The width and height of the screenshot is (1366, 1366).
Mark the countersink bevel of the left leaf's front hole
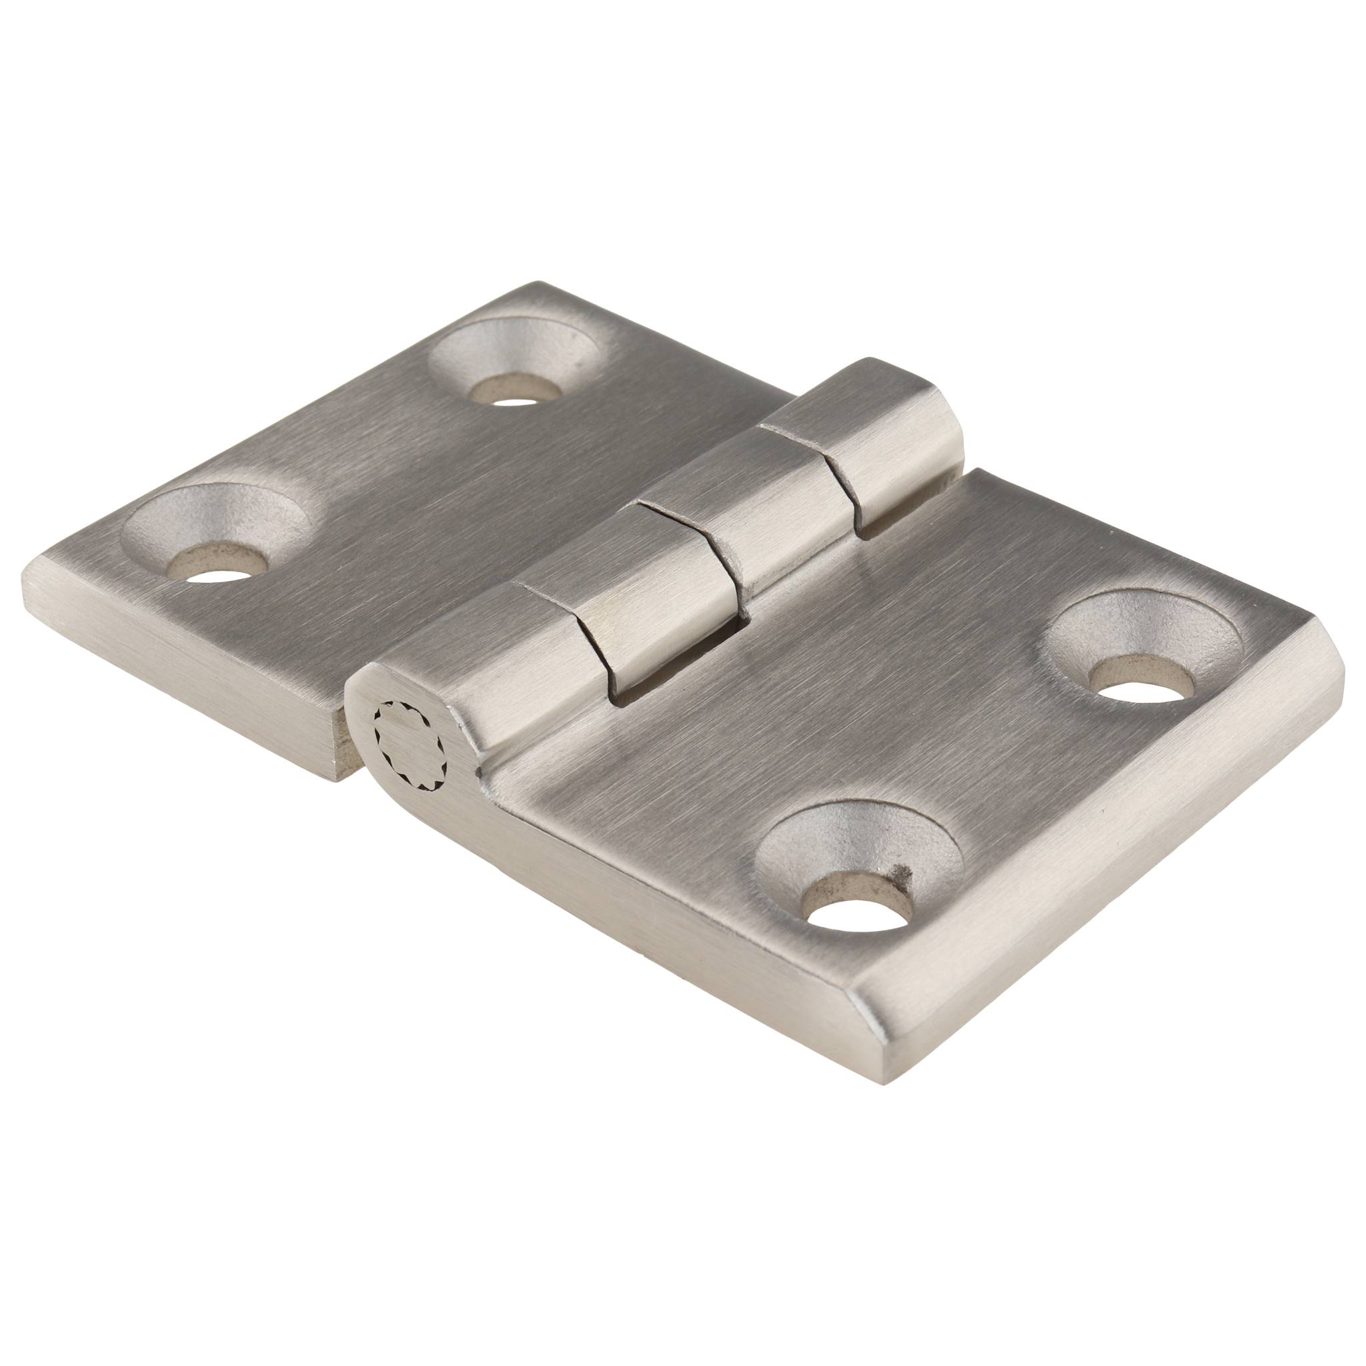click(212, 509)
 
